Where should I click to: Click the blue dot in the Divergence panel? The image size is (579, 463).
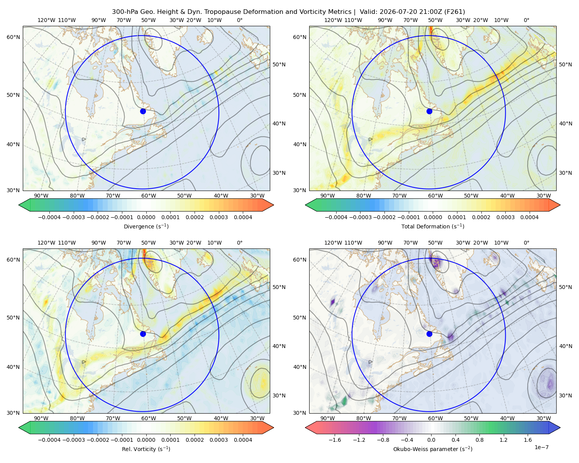143,111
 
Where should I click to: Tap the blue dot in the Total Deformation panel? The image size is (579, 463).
429,111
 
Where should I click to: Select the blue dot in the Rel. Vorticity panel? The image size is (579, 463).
143,334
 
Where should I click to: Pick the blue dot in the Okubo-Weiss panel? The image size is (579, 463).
429,334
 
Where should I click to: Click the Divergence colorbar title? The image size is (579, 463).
146,226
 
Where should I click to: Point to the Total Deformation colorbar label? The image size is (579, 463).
433,226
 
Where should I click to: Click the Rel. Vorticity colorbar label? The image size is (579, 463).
146,449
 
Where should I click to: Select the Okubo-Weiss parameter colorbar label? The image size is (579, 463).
433,449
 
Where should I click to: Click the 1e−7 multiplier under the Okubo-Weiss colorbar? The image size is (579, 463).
541,447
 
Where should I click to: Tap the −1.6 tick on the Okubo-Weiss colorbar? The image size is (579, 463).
335,439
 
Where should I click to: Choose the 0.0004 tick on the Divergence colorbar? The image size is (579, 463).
243,217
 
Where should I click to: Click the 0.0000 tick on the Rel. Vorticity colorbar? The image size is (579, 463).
146,439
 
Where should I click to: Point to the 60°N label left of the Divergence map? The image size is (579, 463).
13,37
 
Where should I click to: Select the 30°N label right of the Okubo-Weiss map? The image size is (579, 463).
565,395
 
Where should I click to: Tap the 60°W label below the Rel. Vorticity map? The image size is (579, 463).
149,418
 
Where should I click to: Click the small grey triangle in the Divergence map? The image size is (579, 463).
84,139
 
